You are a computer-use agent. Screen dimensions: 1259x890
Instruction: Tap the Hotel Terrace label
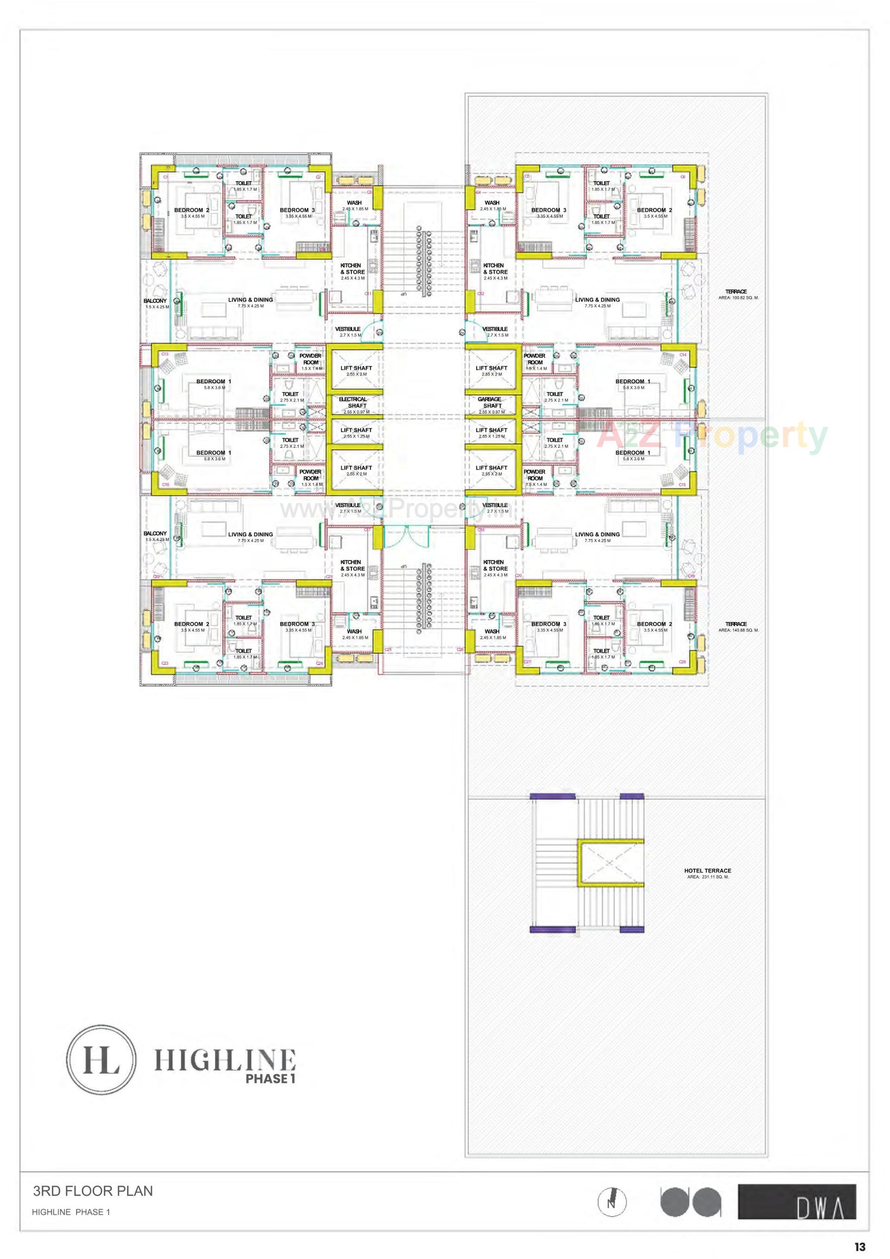(x=707, y=871)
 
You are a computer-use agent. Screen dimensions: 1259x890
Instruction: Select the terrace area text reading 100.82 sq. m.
(x=738, y=298)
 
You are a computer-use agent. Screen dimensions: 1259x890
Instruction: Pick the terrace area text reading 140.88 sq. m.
(x=738, y=630)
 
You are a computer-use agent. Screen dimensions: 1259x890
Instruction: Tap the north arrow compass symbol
(x=612, y=1202)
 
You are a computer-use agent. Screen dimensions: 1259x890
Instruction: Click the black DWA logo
(x=796, y=1202)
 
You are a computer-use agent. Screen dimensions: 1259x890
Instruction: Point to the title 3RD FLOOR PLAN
(x=93, y=1191)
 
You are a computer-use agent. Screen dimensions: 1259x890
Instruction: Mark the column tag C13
(x=165, y=354)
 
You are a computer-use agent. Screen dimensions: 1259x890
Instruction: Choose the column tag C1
(x=165, y=177)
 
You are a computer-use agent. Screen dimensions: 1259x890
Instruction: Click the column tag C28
(x=683, y=662)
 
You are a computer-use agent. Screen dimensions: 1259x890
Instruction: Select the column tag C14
(x=683, y=355)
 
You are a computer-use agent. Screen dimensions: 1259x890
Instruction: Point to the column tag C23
(x=165, y=663)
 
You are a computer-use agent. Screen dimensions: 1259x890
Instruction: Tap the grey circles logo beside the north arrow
(x=690, y=1202)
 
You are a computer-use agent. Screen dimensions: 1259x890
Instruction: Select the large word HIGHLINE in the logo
(x=225, y=1061)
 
